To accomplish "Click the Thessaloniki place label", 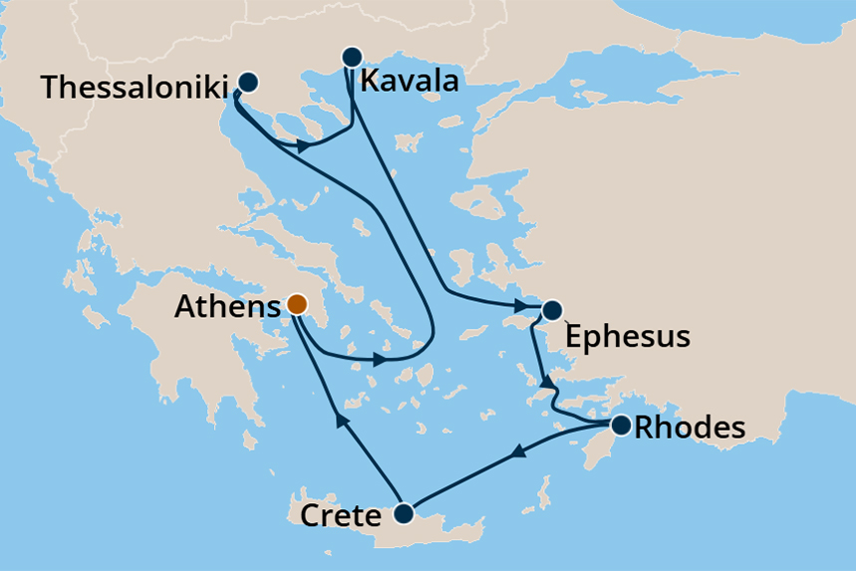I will (x=134, y=87).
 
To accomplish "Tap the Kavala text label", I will (x=410, y=80).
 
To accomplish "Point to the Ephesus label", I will (x=626, y=336).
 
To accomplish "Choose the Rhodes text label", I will (x=690, y=428).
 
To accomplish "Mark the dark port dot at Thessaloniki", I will (x=247, y=83).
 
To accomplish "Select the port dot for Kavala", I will (x=351, y=56).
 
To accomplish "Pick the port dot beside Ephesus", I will (x=551, y=310).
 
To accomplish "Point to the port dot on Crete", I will (x=403, y=514).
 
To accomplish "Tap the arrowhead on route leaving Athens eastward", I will (x=381, y=359).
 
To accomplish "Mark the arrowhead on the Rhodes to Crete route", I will (x=517, y=454).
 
